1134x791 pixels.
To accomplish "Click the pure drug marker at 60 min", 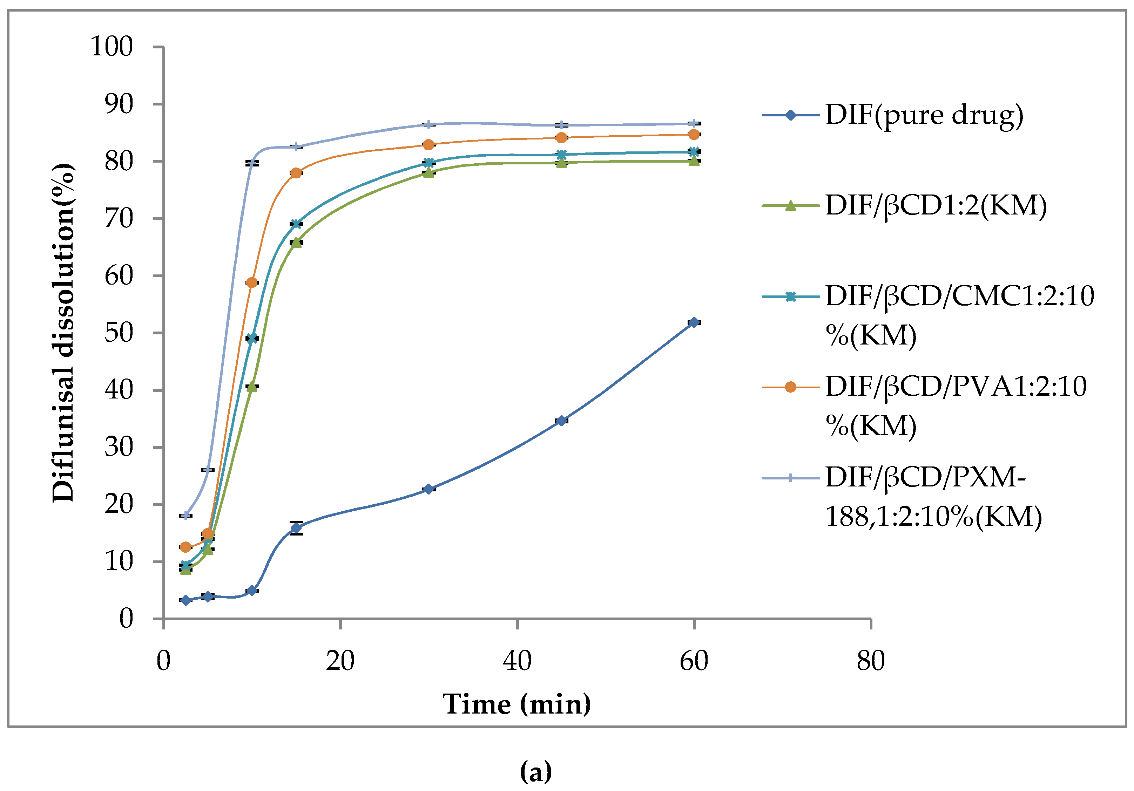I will [x=694, y=322].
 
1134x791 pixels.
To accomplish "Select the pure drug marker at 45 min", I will [x=561, y=420].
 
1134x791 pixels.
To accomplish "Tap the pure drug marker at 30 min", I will [x=428, y=489].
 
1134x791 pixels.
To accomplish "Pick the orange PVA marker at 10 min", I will [x=251, y=282].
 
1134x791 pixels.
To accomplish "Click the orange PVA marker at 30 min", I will [x=428, y=145].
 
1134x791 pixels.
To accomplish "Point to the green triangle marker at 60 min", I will [x=694, y=161].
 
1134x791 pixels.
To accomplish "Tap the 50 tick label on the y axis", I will [x=119, y=333].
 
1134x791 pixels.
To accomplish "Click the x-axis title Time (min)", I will [x=517, y=704].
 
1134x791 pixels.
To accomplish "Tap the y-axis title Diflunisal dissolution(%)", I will [x=63, y=333].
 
